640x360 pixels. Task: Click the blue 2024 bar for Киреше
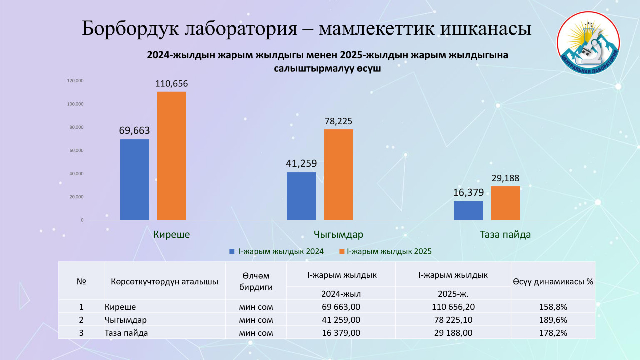tap(134, 179)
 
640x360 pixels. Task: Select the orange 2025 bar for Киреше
tap(171, 156)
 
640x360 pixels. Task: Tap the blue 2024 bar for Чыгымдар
tap(301, 196)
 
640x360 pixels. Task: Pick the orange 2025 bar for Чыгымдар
tap(338, 174)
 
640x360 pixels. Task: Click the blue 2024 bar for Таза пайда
tap(468, 210)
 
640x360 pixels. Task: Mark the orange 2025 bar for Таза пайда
tap(505, 203)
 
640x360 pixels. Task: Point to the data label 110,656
tap(171, 84)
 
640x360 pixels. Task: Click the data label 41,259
tap(301, 163)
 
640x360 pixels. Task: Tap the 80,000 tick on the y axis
tap(76, 127)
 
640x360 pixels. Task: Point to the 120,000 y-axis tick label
tap(75, 81)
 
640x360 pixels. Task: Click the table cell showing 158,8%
tap(553, 307)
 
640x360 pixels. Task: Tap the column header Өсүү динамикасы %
tap(553, 281)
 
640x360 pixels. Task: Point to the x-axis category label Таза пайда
tap(505, 234)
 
